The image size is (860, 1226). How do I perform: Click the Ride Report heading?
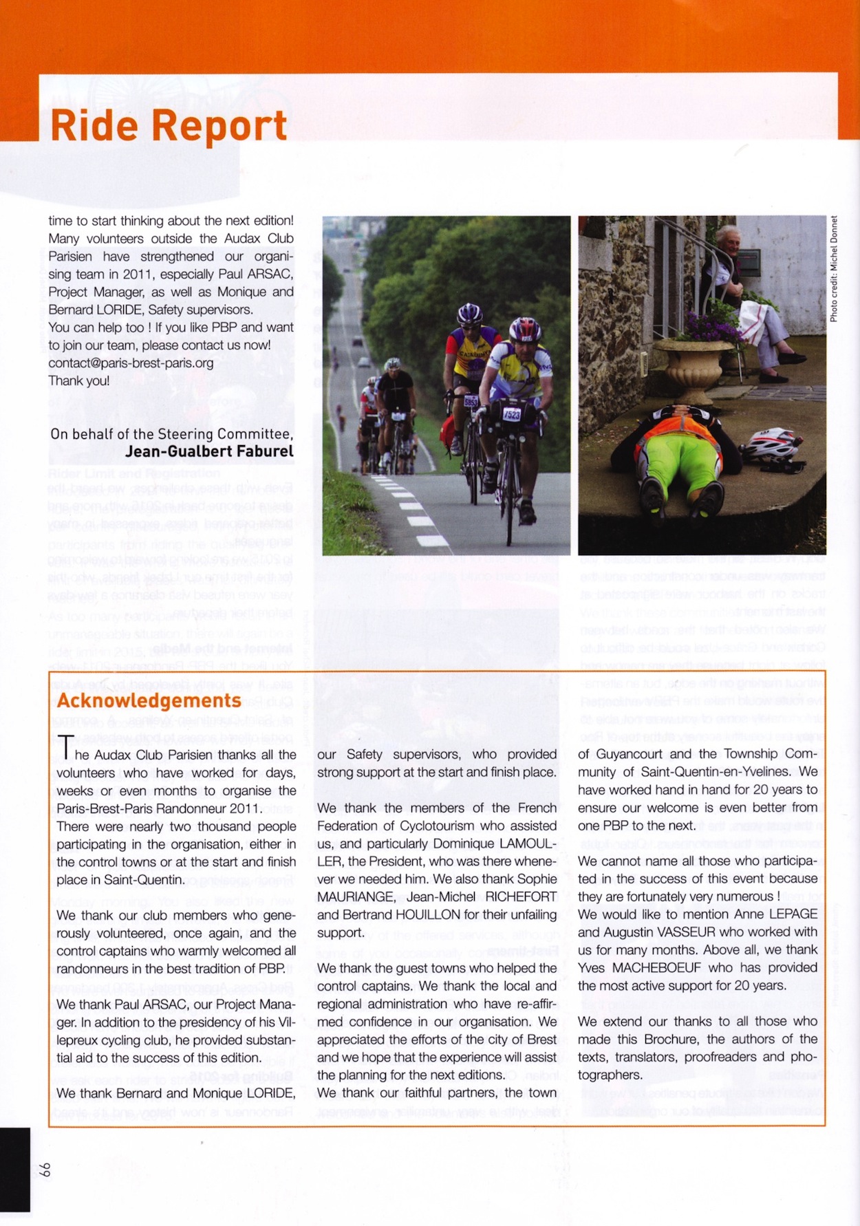point(169,126)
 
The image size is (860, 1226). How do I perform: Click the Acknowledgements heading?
point(149,700)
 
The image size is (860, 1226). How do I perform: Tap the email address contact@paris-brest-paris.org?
point(131,363)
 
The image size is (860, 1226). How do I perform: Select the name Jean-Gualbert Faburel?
point(209,451)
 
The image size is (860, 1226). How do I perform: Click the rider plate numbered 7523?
point(512,414)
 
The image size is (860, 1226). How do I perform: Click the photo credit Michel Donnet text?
point(834,268)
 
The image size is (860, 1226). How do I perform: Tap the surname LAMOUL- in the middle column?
point(528,843)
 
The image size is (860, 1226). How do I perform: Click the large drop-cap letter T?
point(65,749)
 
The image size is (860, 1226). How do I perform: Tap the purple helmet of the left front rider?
point(469,314)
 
